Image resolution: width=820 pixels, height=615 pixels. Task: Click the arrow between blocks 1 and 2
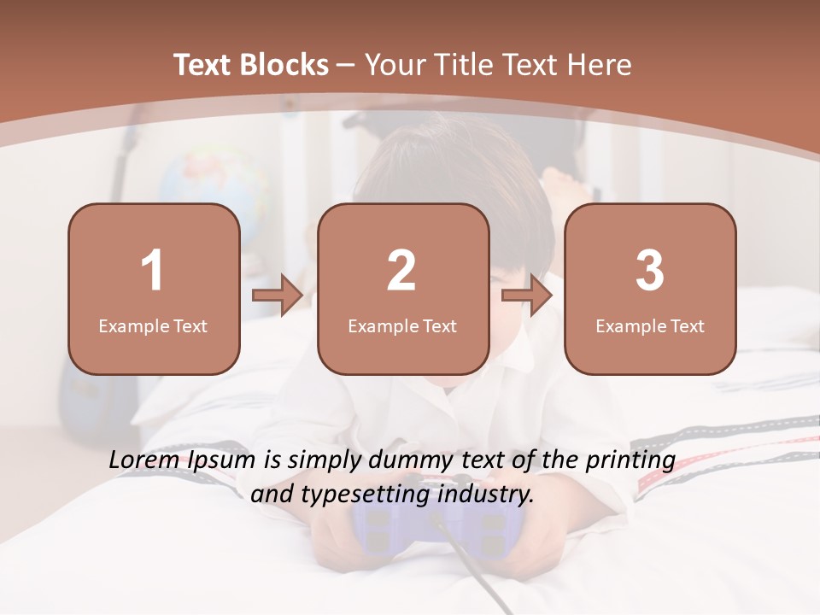pyautogui.click(x=278, y=296)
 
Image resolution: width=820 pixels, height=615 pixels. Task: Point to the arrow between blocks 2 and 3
pyautogui.click(x=527, y=296)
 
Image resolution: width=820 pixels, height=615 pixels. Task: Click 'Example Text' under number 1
pyautogui.click(x=153, y=325)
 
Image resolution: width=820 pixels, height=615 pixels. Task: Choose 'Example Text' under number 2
pyautogui.click(x=402, y=325)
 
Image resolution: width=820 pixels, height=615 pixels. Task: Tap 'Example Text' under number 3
pyautogui.click(x=650, y=325)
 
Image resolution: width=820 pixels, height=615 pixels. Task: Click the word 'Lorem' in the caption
pyautogui.click(x=144, y=460)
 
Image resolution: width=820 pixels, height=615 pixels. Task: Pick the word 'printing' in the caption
pyautogui.click(x=630, y=460)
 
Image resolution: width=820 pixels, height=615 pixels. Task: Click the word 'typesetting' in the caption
pyautogui.click(x=358, y=494)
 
